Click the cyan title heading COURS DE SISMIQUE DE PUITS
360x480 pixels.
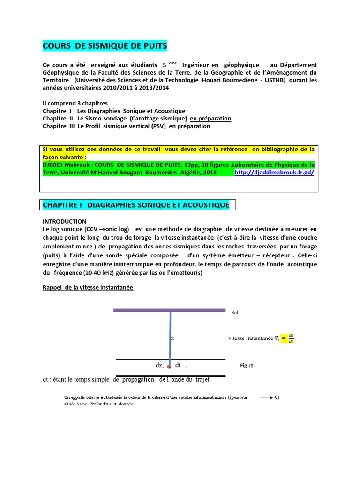pyautogui.click(x=105, y=46)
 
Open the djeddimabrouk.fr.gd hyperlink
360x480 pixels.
pyautogui.click(x=274, y=172)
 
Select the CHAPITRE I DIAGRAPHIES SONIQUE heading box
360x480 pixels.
pyautogui.click(x=136, y=205)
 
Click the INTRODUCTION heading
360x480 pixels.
pyautogui.click(x=64, y=221)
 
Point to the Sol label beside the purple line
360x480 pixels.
pyautogui.click(x=235, y=312)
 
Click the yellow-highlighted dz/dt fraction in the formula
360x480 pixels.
pyautogui.click(x=291, y=338)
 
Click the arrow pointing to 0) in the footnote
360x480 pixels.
pyautogui.click(x=265, y=397)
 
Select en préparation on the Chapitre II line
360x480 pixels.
pyautogui.click(x=210, y=119)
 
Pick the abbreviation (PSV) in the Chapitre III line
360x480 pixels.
pyautogui.click(x=158, y=126)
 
